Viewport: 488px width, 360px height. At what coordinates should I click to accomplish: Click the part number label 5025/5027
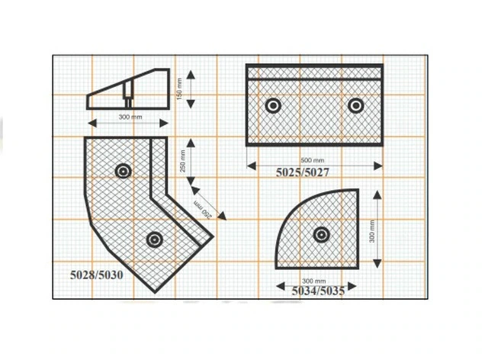[303, 172]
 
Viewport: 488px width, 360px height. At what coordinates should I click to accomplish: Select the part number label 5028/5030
[97, 275]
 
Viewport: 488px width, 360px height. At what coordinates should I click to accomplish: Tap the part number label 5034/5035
[318, 291]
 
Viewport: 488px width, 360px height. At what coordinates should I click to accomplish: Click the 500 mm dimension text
[313, 160]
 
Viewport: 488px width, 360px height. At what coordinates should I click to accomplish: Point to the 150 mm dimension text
[180, 89]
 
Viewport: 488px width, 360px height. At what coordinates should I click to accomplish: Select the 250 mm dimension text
[183, 161]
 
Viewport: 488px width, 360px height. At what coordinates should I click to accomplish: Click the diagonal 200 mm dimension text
[203, 210]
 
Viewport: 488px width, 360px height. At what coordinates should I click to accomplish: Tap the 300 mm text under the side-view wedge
[130, 117]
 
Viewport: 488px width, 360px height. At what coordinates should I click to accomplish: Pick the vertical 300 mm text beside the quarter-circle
[372, 231]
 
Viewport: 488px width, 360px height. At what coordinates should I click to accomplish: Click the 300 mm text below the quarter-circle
[313, 281]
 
